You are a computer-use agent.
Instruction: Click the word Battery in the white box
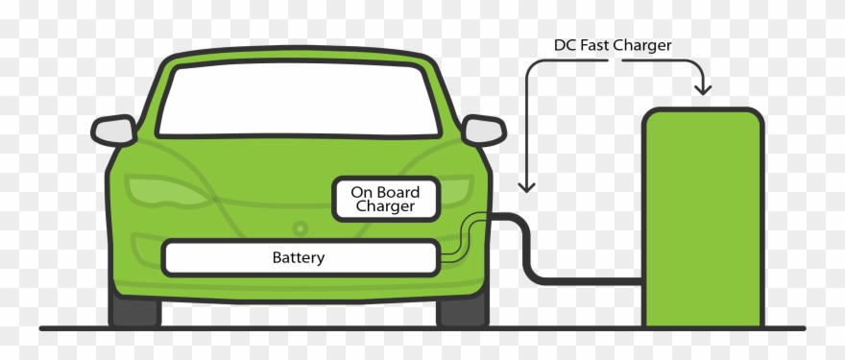click(299, 257)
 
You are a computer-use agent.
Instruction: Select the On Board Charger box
click(385, 199)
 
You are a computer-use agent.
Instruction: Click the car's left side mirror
click(113, 130)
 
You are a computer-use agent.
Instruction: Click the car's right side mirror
click(483, 130)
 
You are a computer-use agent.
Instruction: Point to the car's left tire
click(134, 309)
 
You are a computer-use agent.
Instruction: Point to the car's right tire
click(462, 309)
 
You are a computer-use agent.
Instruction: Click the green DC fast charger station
click(702, 216)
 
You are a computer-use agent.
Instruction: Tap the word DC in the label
click(565, 45)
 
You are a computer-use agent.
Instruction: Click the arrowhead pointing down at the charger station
click(703, 89)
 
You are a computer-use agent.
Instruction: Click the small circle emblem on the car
click(300, 228)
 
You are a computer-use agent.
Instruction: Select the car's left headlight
click(154, 190)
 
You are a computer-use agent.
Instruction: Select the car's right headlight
click(451, 190)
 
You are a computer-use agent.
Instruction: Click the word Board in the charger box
click(399, 191)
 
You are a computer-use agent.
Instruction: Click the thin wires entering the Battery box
click(459, 240)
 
